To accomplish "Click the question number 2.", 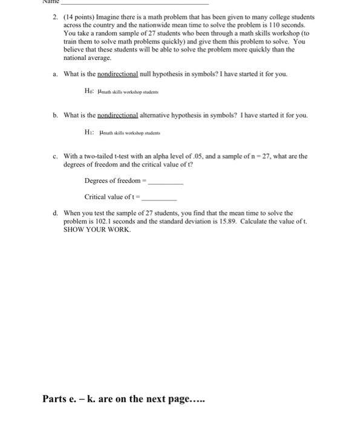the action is [x=54, y=18].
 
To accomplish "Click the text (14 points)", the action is [x=76, y=18].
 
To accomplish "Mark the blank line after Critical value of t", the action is [x=160, y=197].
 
